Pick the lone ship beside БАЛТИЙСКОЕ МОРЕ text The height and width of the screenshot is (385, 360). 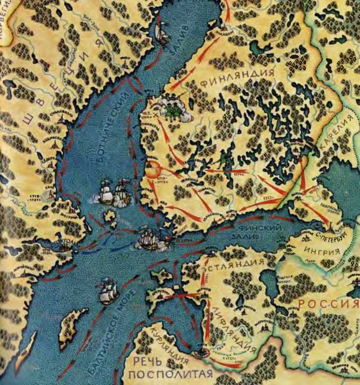[x=108, y=292]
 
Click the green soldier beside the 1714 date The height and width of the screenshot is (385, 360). [x=223, y=158]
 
